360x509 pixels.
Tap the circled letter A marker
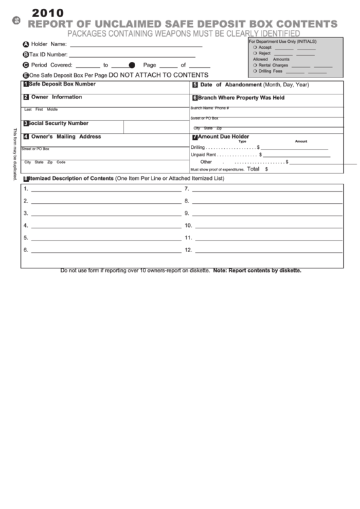click(x=26, y=44)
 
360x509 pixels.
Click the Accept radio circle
click(x=255, y=48)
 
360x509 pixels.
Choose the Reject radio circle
click(x=255, y=53)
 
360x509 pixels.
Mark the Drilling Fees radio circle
click(x=255, y=71)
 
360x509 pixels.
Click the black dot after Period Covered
click(x=132, y=65)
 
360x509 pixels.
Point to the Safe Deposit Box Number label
click(x=62, y=84)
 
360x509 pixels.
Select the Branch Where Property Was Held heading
click(x=241, y=98)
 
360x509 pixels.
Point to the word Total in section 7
click(x=253, y=169)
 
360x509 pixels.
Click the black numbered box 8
click(x=26, y=179)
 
